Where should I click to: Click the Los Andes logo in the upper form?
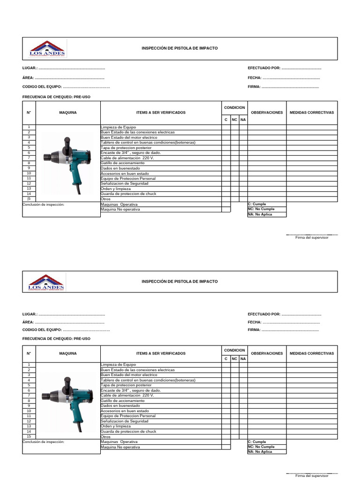tap(47, 49)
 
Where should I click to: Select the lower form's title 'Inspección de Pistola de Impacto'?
tap(180, 281)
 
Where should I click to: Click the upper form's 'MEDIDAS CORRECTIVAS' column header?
tap(312, 112)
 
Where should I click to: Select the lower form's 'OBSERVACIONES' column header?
tap(267, 353)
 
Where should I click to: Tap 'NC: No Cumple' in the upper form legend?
tap(261, 209)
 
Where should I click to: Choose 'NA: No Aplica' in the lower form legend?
tap(260, 452)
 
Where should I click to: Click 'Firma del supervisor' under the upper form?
tap(312, 238)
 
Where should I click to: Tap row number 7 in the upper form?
tap(29, 158)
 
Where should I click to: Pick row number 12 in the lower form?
tap(29, 421)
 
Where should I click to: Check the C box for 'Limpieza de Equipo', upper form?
tap(226, 127)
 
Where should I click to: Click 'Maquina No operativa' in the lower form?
tap(120, 447)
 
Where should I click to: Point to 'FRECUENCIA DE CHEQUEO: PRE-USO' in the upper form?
tap(56, 97)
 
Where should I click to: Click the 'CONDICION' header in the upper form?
tap(234, 108)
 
